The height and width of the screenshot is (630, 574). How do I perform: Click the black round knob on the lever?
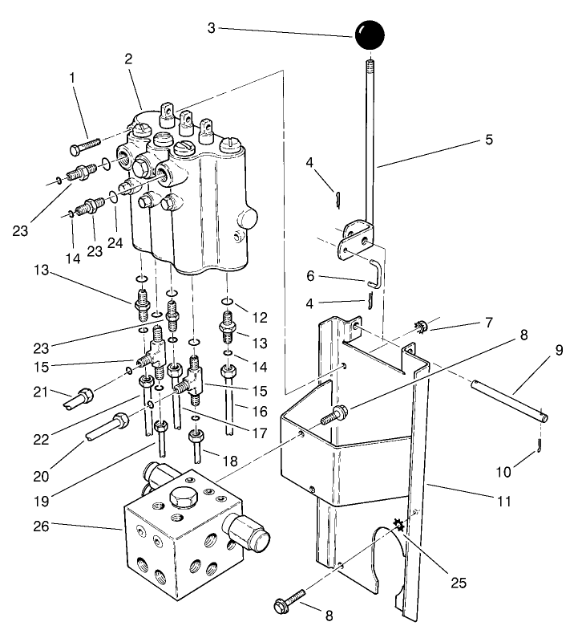point(370,35)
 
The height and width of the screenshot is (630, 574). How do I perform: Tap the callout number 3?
point(211,28)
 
